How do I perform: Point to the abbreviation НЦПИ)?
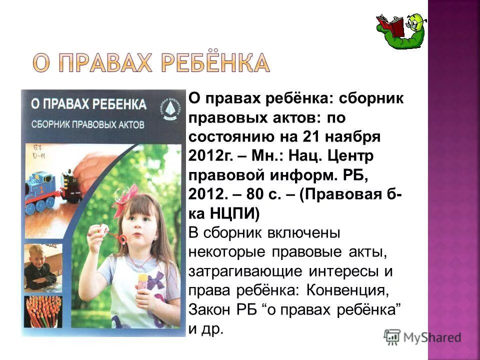234,214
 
